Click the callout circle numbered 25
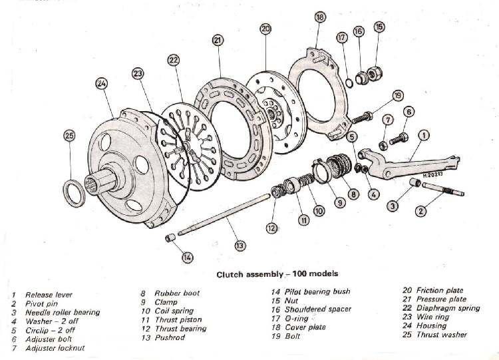[x=70, y=135]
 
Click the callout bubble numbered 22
[x=173, y=60]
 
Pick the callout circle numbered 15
[x=379, y=27]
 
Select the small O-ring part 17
[x=348, y=83]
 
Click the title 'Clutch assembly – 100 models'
[x=277, y=273]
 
